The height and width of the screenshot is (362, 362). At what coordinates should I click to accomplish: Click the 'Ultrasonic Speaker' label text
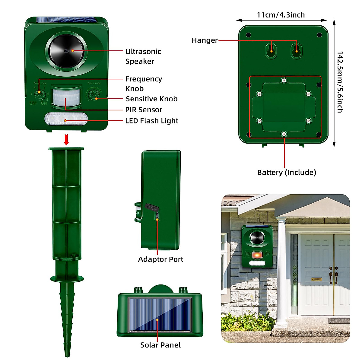coord(143,56)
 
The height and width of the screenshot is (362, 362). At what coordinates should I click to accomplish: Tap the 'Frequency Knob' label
coord(144,84)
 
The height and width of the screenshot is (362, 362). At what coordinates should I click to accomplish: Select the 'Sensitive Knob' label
coord(151,99)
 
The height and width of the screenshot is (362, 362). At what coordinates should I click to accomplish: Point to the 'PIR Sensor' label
coord(144,110)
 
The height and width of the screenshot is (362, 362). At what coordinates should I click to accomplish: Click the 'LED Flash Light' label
coord(152,121)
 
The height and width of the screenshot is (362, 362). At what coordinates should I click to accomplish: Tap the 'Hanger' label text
coord(205,40)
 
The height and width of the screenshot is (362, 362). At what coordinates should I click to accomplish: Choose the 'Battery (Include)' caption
coord(287,173)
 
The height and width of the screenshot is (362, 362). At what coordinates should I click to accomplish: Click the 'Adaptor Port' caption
coord(160,259)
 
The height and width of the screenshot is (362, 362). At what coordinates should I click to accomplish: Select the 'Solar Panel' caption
coord(160,345)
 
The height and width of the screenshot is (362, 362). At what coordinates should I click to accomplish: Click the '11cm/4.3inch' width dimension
coord(281,15)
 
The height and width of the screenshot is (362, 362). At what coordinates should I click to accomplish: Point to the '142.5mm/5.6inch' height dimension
coord(340,82)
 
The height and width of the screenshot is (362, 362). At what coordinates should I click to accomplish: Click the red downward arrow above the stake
coord(66,140)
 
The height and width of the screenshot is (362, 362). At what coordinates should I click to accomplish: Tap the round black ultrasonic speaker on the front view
coord(66,50)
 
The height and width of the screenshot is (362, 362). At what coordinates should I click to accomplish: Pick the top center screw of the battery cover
coord(284,80)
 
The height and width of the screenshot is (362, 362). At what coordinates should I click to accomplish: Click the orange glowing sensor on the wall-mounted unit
coord(257,255)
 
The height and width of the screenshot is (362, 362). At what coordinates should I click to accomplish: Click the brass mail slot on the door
coord(316,279)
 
